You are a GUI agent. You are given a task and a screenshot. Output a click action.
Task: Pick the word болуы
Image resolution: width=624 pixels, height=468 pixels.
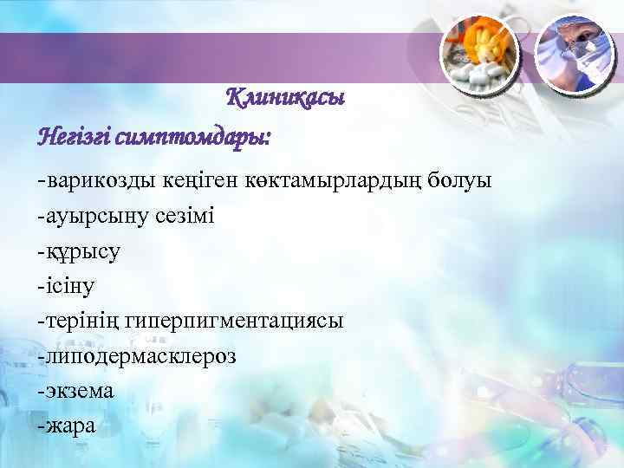[458, 181]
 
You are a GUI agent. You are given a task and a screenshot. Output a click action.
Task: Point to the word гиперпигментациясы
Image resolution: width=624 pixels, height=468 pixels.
[234, 320]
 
